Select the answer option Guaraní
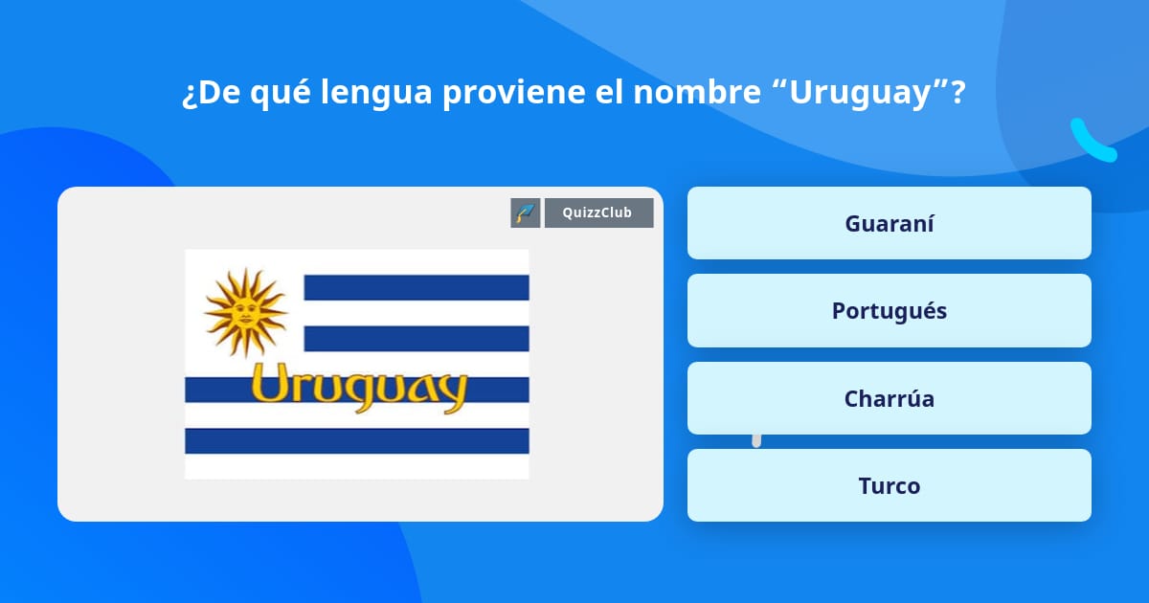coord(889,223)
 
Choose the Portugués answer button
coord(889,310)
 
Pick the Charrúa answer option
coord(889,398)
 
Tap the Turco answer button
coord(889,485)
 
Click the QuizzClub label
coord(598,212)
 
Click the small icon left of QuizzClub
coord(526,212)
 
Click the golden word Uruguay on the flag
coord(358,387)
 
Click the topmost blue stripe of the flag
coord(416,287)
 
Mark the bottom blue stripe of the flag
coord(356,440)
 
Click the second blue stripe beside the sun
coord(416,338)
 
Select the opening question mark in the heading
coord(189,95)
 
